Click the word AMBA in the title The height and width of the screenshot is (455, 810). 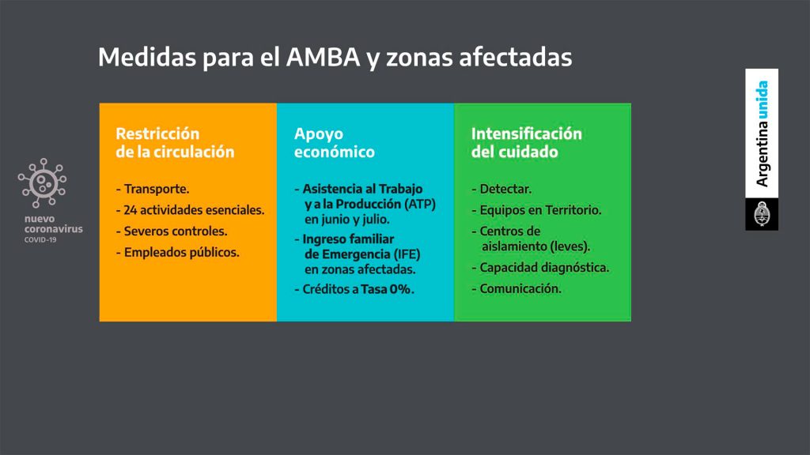point(323,57)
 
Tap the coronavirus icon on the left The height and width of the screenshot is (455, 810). point(43,182)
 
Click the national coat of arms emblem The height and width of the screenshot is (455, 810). point(762,214)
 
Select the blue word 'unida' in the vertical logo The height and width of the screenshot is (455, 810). point(762,100)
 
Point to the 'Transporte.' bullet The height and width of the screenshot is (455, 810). point(153,189)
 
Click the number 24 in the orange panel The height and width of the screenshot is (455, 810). point(131,210)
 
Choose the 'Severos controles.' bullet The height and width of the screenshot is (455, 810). point(172,231)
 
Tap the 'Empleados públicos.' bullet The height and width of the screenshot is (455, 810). point(178,252)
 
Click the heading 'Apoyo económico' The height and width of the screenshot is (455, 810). point(335,142)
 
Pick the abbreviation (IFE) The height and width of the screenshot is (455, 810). point(407,254)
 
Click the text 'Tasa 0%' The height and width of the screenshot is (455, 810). point(386,289)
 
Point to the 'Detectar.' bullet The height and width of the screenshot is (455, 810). point(502,189)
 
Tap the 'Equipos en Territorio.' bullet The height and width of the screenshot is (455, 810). point(536,210)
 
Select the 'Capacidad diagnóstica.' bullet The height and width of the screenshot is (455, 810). point(540,268)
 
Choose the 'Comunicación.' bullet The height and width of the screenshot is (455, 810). point(517,289)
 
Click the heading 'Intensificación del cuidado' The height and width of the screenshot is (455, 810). point(526,142)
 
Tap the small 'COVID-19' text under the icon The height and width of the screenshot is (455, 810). point(40,240)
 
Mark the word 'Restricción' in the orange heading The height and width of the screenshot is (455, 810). point(157,133)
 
